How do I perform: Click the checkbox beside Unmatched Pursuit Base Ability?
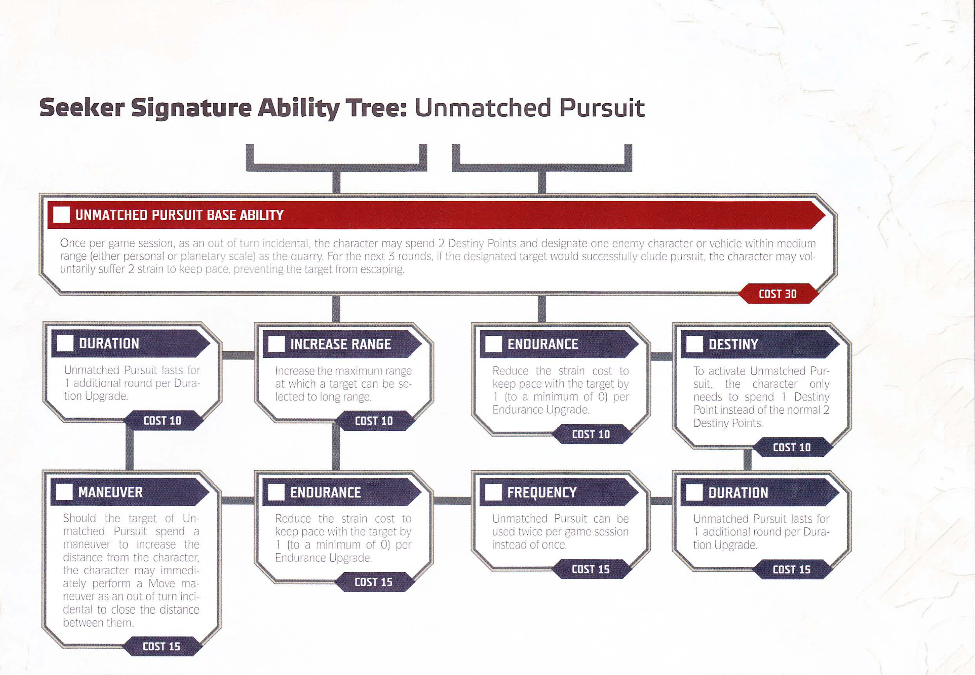(x=61, y=215)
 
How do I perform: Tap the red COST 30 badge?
(x=778, y=294)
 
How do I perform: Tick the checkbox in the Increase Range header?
(x=276, y=344)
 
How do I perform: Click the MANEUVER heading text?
(x=111, y=492)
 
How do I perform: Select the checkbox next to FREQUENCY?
(x=493, y=492)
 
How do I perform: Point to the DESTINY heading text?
(x=733, y=344)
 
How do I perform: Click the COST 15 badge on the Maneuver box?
(x=161, y=646)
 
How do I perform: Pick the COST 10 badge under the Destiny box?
(x=792, y=447)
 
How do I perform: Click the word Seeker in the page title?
(x=82, y=107)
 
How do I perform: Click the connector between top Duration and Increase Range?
(x=238, y=355)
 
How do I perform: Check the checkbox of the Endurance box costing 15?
(x=276, y=492)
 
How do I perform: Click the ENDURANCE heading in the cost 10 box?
(x=543, y=344)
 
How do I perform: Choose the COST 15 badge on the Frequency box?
(x=591, y=569)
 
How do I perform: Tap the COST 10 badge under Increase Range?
(x=374, y=421)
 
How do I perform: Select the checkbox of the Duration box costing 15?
(x=694, y=492)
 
